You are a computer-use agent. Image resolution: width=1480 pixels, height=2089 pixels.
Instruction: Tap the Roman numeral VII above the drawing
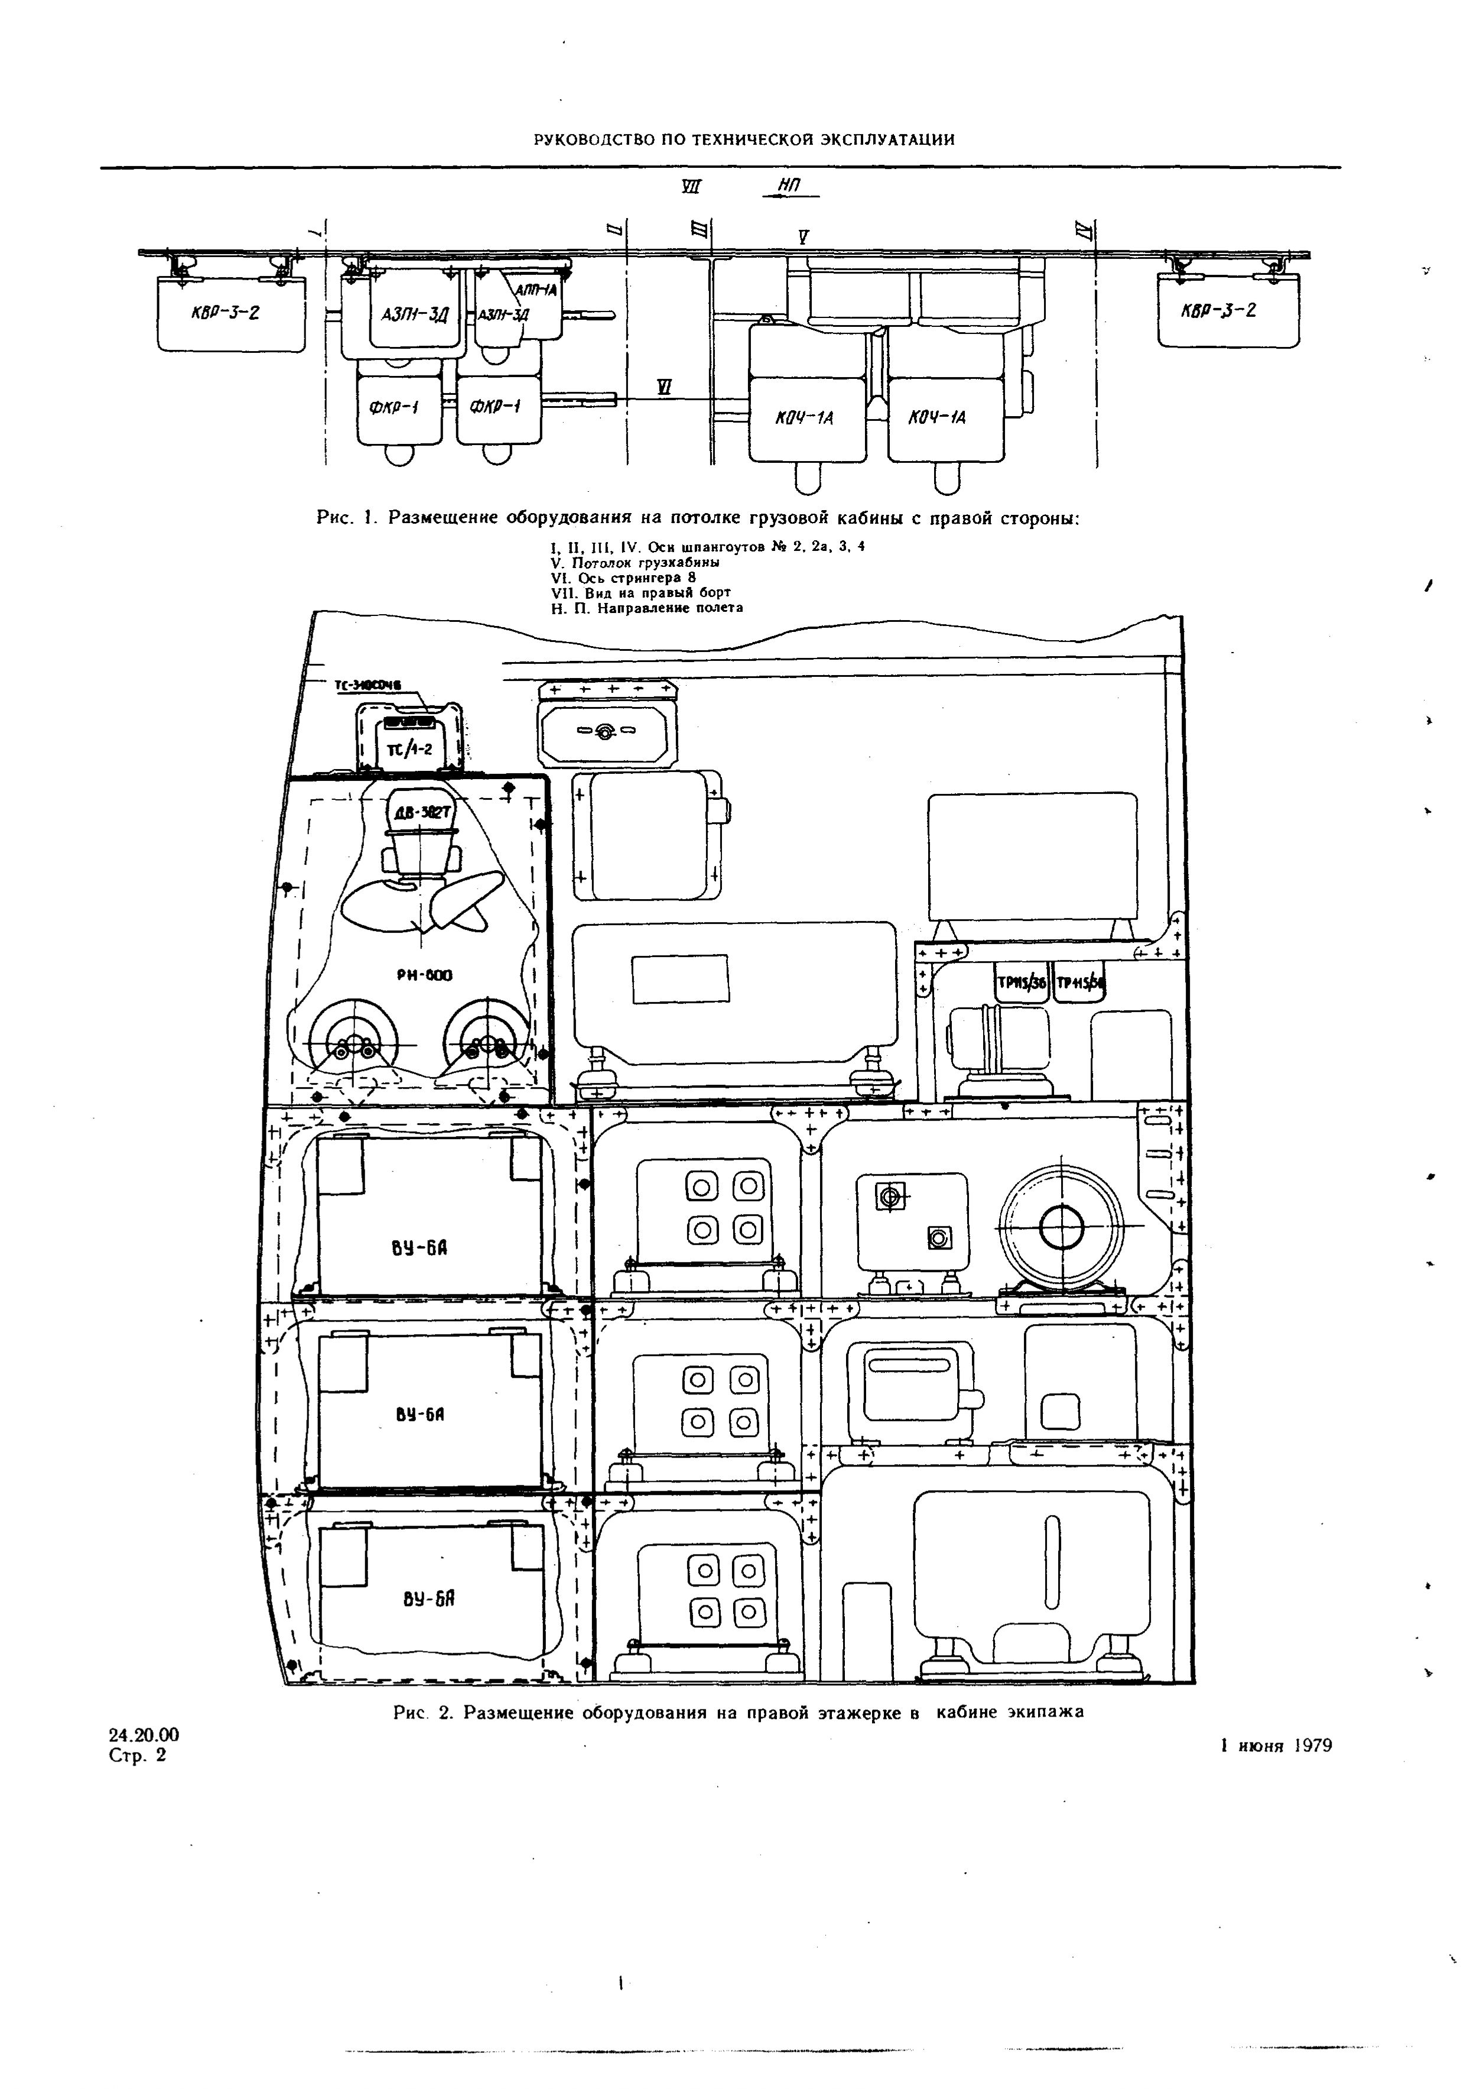coord(692,187)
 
